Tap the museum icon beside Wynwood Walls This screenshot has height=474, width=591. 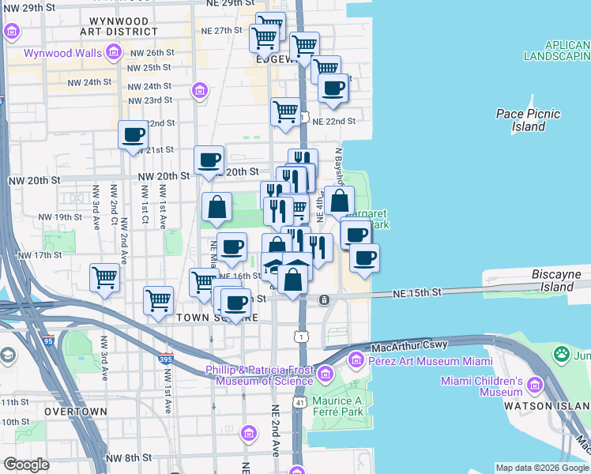(x=114, y=53)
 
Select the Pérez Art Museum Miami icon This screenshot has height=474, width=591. (x=356, y=361)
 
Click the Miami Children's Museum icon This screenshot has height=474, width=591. (x=534, y=386)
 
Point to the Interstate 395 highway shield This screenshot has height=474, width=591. (x=165, y=359)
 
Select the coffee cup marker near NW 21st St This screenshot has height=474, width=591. (x=134, y=134)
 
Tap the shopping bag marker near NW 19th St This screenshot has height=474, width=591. (x=216, y=208)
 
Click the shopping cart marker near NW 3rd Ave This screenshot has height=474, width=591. (x=105, y=278)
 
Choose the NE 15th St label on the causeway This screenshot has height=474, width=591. (x=418, y=292)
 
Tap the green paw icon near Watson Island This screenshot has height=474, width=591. (x=562, y=353)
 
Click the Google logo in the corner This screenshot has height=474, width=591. (x=27, y=465)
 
